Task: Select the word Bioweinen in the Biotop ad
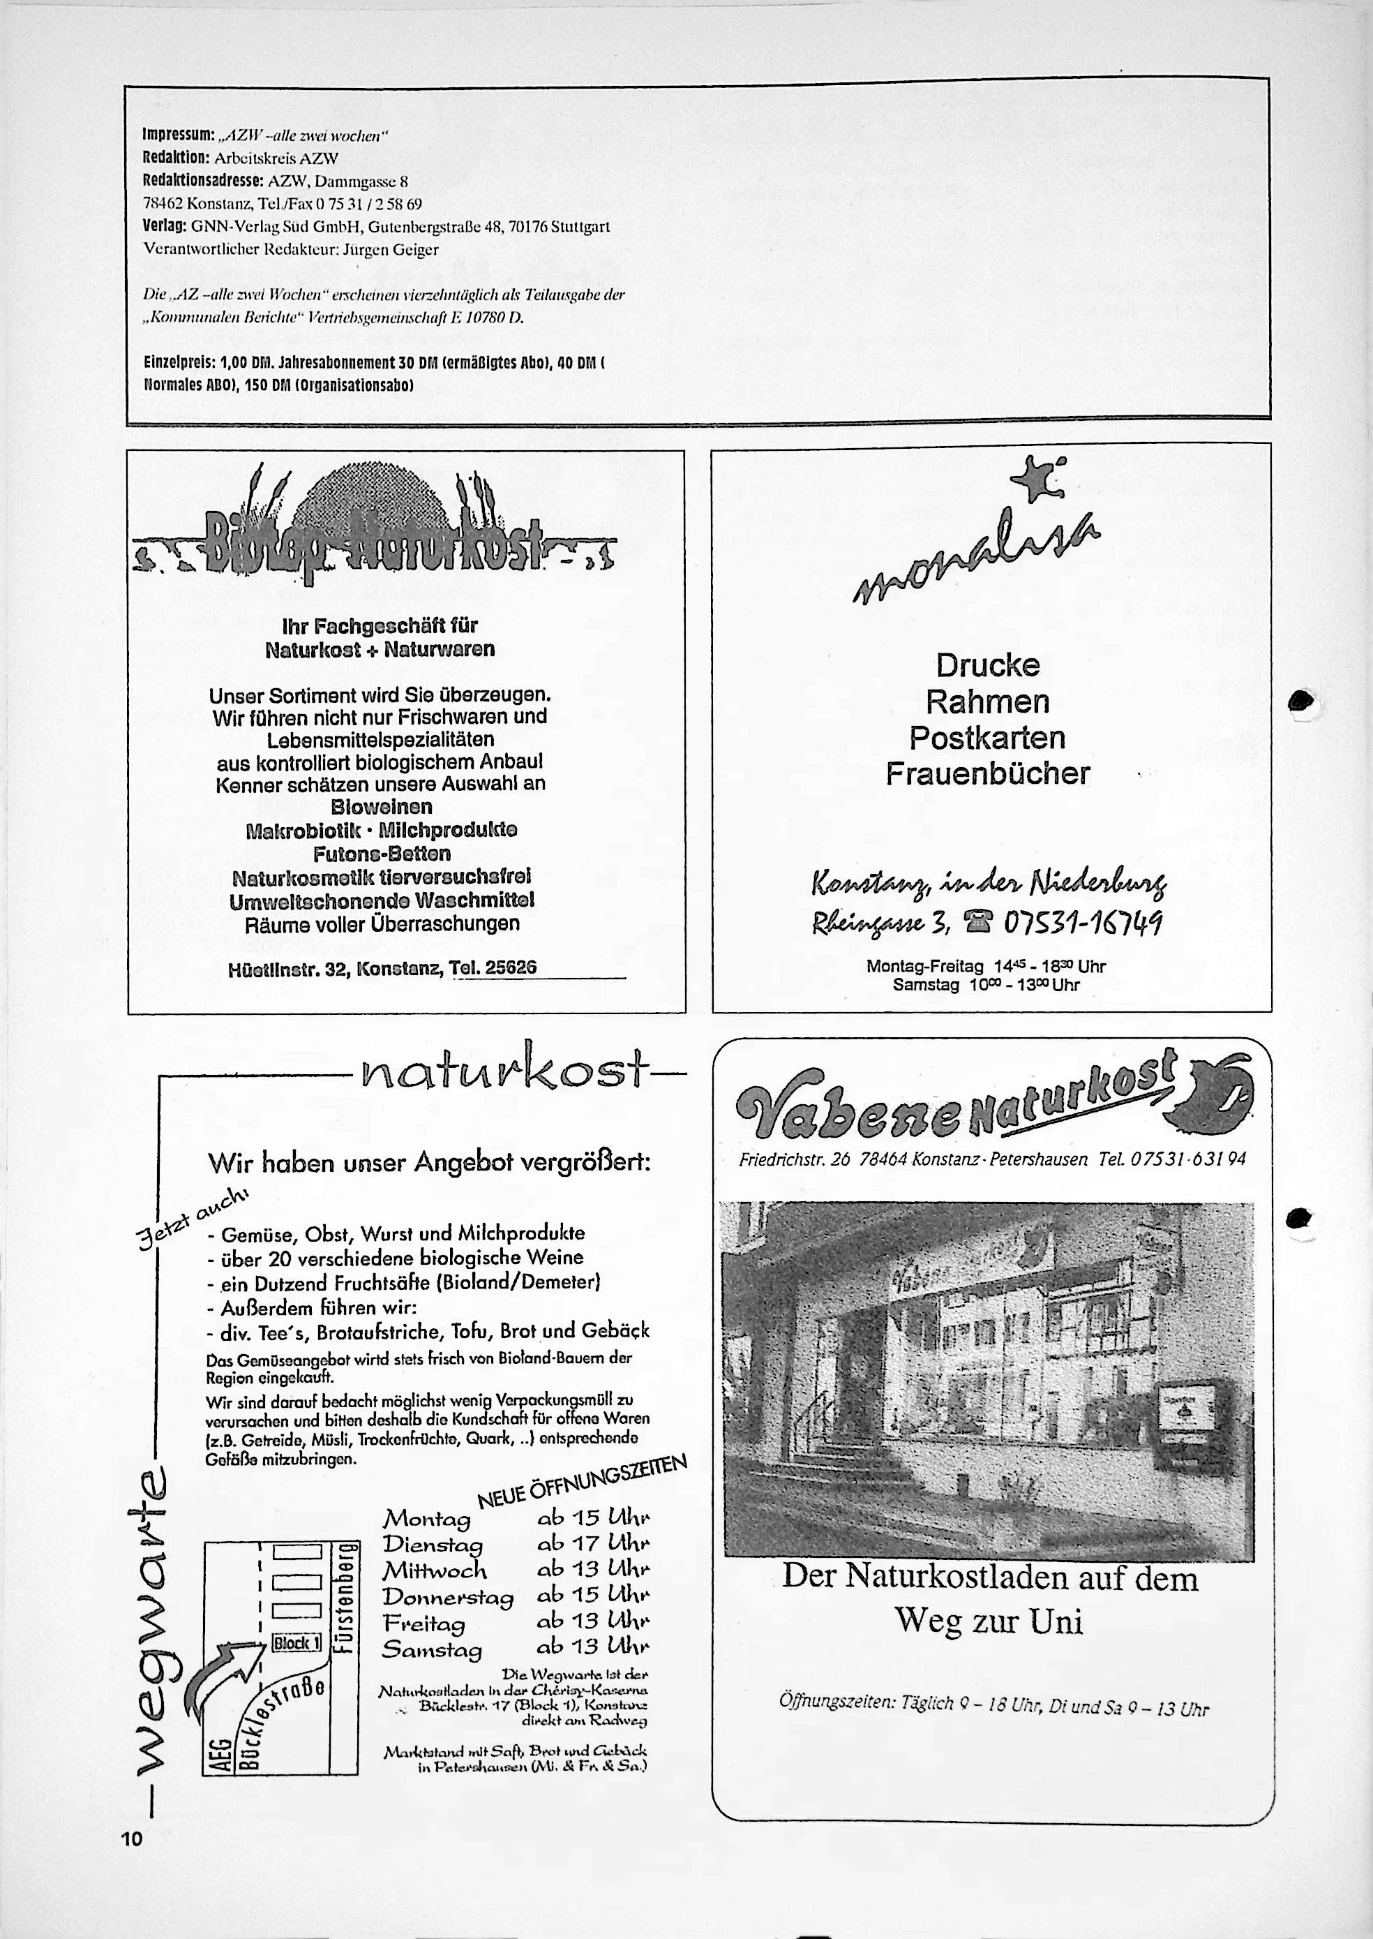380,806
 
